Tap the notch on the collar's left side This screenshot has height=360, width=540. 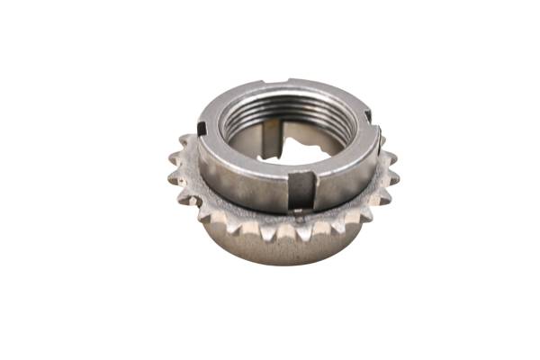[x=202, y=129]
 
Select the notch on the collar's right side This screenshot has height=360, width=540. [x=367, y=115]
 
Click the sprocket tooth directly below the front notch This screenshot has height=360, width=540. [x=301, y=229]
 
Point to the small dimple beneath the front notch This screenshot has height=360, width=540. [x=298, y=214]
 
